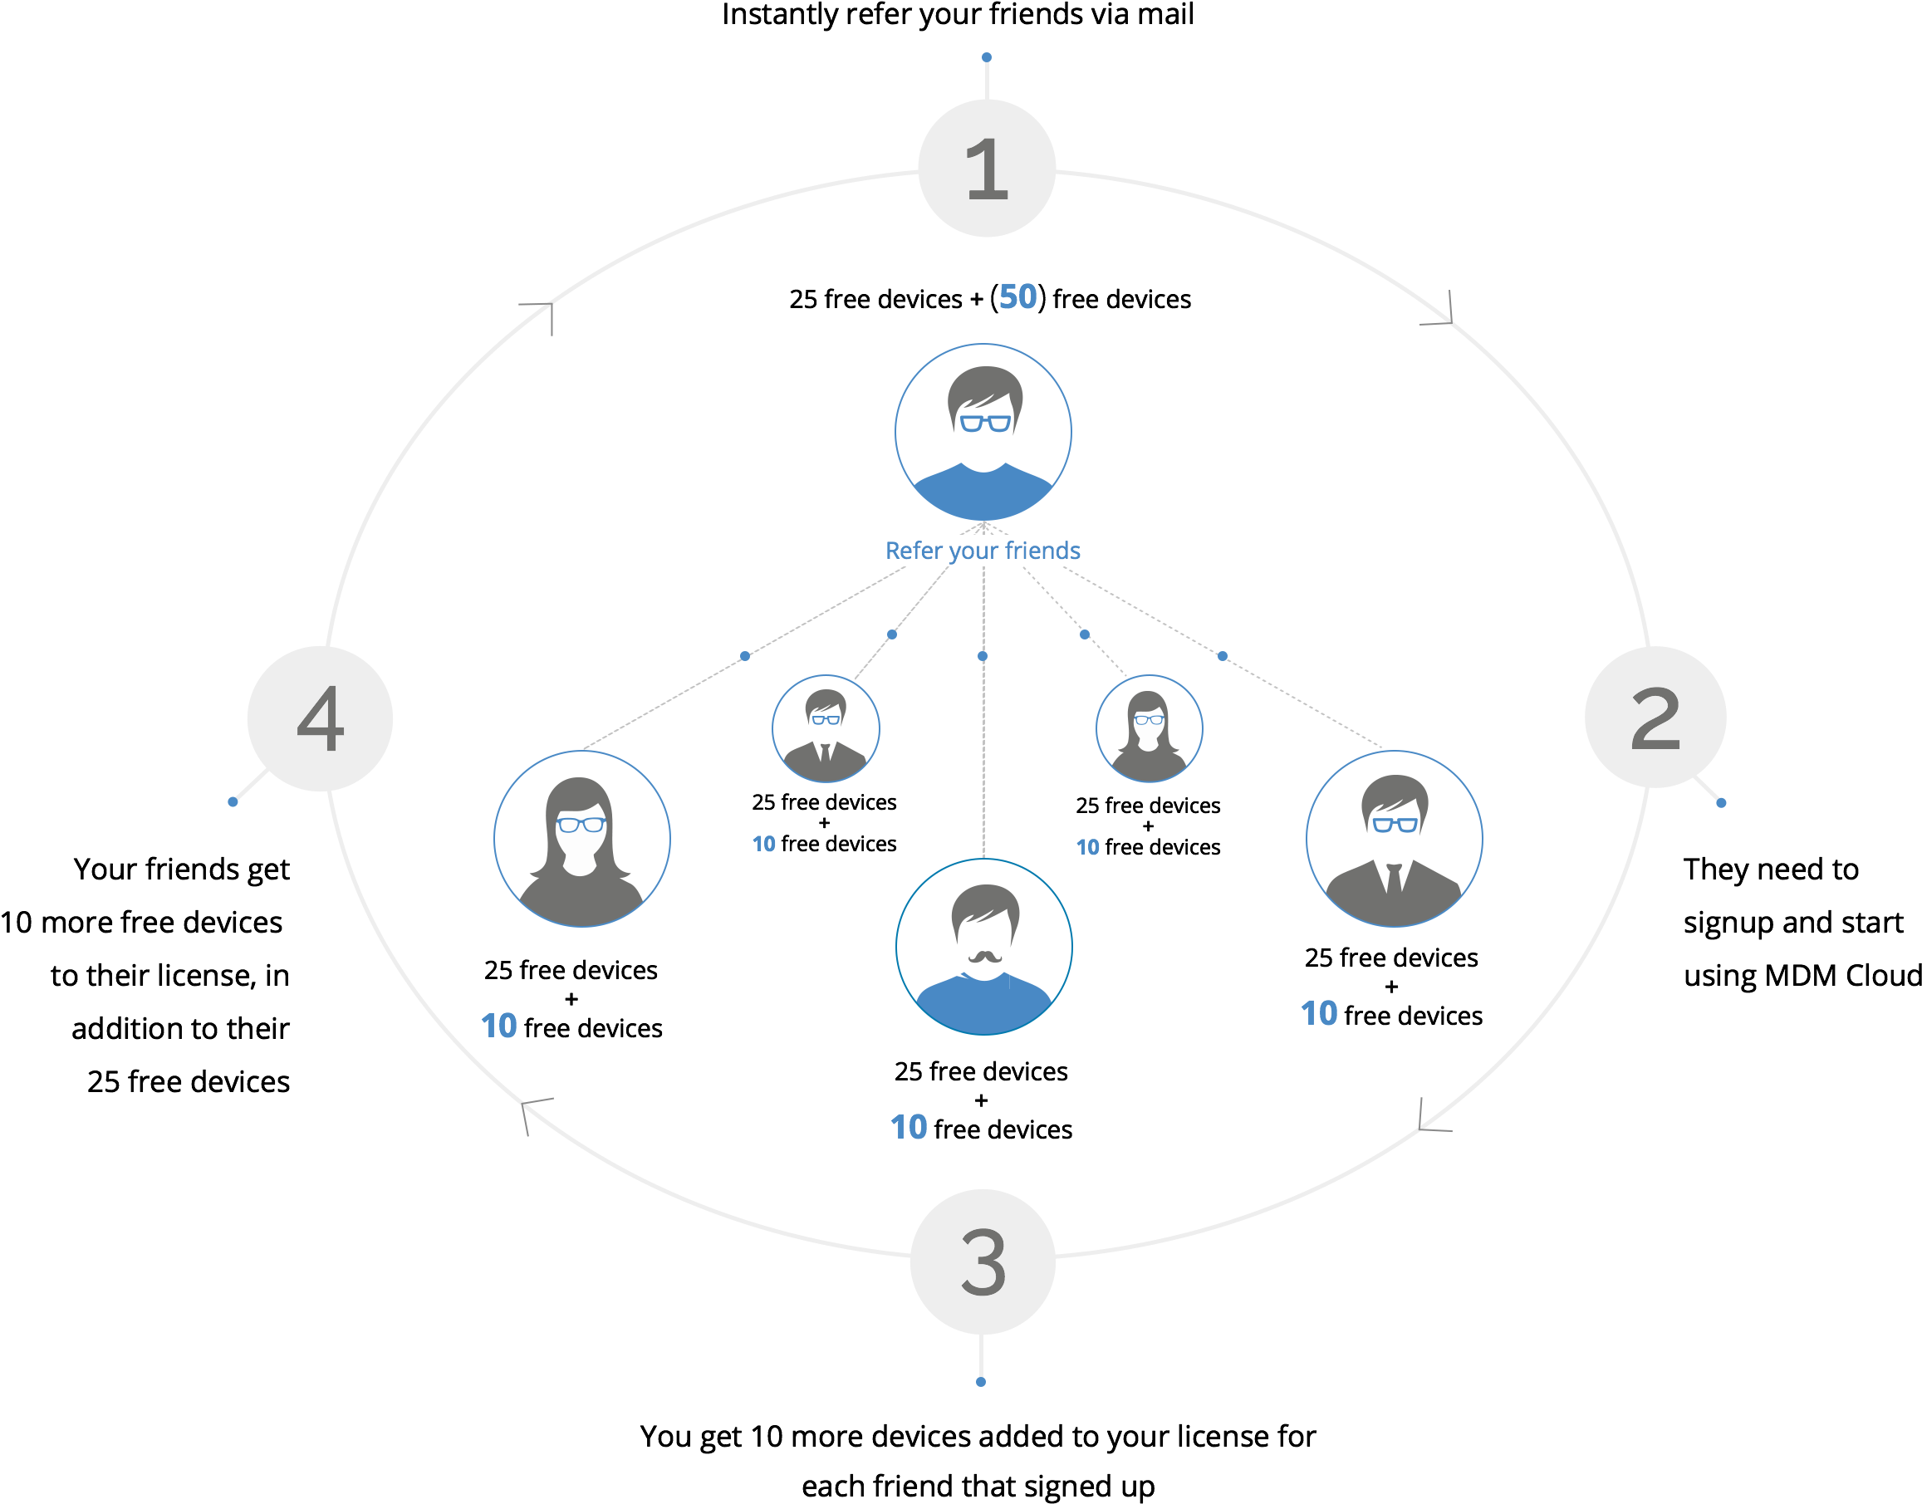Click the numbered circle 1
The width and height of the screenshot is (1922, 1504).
coord(986,169)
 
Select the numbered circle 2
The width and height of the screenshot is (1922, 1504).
coord(1655,718)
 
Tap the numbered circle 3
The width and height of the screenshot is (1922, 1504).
coord(983,1261)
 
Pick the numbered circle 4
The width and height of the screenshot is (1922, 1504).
coord(320,718)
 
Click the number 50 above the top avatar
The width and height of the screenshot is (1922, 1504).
coord(1017,296)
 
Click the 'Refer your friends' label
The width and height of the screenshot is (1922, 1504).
coord(983,551)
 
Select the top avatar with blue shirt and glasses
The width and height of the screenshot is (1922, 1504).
coord(983,432)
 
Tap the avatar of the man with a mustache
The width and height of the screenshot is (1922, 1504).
coord(983,947)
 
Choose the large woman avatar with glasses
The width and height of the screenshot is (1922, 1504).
coord(582,838)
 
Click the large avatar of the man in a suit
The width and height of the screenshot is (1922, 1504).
coord(1394,838)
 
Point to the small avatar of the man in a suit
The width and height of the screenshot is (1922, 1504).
coord(825,728)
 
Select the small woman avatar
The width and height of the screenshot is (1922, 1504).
coord(1148,728)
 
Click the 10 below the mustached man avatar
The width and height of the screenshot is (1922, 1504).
coord(909,1127)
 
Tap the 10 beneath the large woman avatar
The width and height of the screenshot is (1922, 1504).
coord(499,1026)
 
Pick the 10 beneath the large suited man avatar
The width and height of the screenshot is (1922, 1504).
coord(1319,1013)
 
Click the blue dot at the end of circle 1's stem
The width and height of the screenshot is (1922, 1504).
coord(987,57)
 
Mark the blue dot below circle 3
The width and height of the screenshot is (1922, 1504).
coord(981,1382)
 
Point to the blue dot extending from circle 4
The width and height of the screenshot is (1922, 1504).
coord(233,801)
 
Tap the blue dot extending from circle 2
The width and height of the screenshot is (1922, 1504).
coord(1721,802)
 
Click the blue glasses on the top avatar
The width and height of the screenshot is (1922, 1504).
coord(985,424)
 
